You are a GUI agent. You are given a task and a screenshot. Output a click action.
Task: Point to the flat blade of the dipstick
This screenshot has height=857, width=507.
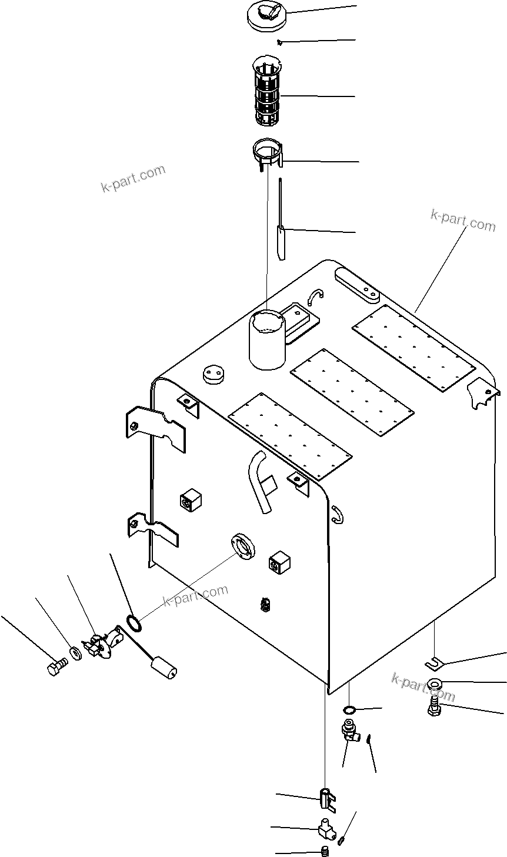[281, 242]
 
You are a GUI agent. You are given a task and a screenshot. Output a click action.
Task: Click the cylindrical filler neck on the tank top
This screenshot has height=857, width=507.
[267, 341]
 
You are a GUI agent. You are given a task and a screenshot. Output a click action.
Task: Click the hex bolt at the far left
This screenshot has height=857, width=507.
[56, 668]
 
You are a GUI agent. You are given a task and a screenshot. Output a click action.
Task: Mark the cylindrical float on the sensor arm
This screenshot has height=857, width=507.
[165, 669]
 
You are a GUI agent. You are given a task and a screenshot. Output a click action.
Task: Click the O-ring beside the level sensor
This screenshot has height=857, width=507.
[134, 621]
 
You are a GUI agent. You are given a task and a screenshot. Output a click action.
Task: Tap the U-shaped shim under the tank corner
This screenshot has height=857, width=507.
[434, 663]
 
